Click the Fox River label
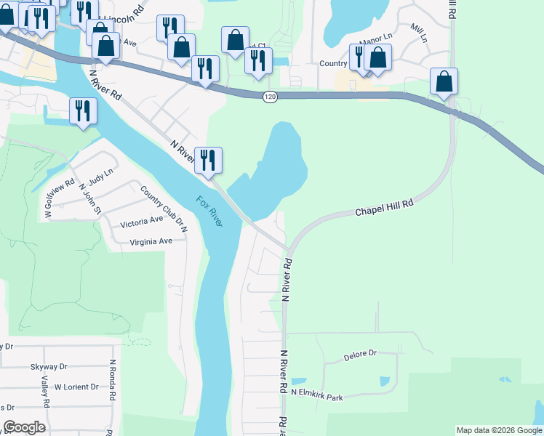[209, 211]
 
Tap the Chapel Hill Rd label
[384, 208]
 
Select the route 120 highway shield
[270, 97]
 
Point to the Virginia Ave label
[151, 241]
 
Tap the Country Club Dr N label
[164, 209]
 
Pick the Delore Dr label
[360, 355]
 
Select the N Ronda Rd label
[112, 380]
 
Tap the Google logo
[24, 427]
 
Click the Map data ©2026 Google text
[499, 430]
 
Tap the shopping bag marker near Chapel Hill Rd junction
[444, 81]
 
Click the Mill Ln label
[417, 28]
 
